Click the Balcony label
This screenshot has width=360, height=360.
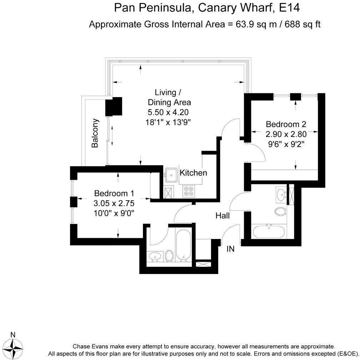point(95,133)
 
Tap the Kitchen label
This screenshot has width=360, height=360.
point(193,173)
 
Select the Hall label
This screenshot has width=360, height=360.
point(222,216)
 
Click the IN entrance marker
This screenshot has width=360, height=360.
point(231,249)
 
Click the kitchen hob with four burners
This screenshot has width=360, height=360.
point(189,191)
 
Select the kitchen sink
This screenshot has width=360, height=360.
point(172,175)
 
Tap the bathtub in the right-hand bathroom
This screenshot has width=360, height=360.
point(269,232)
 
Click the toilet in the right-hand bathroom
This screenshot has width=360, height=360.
point(281,211)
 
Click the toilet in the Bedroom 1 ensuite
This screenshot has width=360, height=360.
point(169,255)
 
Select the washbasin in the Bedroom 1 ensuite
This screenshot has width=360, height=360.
point(155,256)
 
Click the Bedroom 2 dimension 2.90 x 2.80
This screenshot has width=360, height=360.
point(286,135)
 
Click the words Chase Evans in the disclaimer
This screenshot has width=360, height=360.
point(91,346)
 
